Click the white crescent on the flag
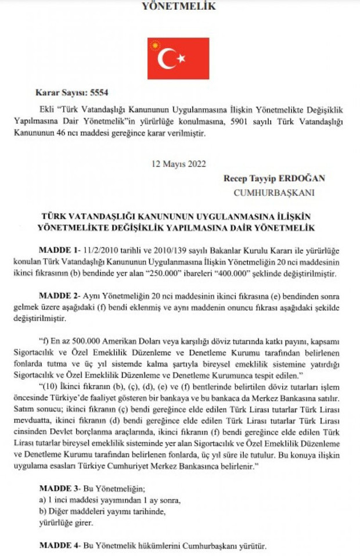pos(167,58)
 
